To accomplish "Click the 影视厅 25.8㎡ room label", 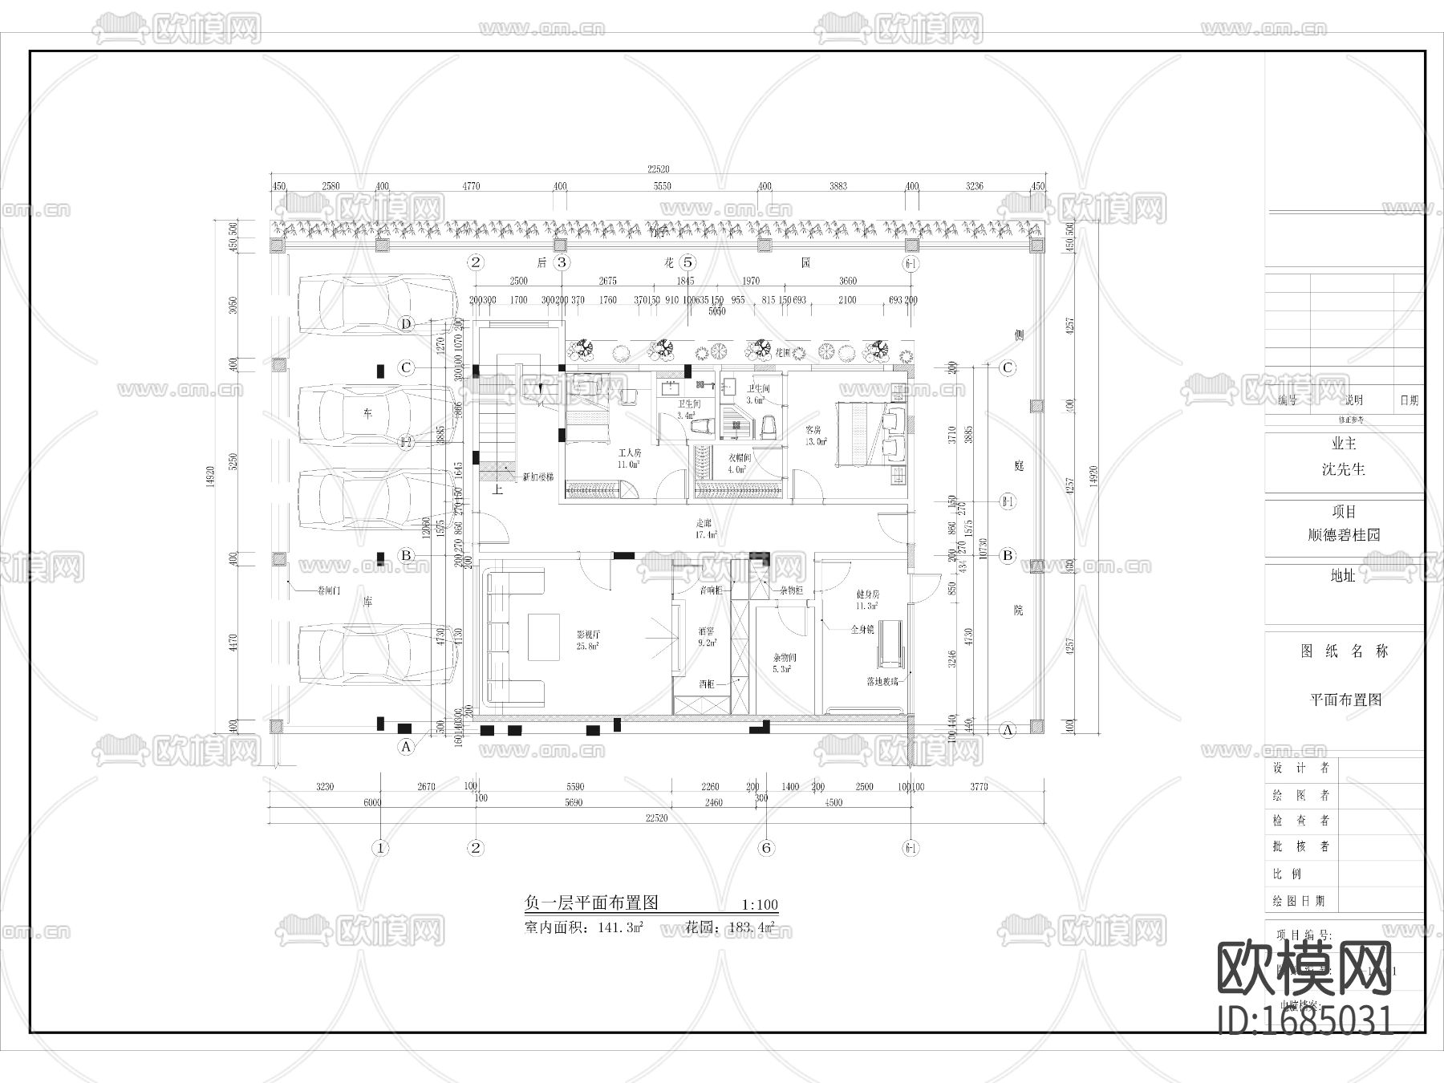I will point(588,639).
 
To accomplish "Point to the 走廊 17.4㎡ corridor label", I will point(706,529).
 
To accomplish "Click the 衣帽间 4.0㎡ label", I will point(739,463).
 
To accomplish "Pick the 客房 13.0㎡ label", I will point(816,436).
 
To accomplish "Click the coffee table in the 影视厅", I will point(544,637).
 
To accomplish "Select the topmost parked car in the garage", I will point(377,304).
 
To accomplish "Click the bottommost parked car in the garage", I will point(377,654).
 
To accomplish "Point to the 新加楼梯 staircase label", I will point(537,477).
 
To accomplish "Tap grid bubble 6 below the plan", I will point(766,848).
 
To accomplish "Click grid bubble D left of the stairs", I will point(407,324).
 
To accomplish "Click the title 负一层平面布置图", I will point(591,902).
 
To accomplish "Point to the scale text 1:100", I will point(760,905).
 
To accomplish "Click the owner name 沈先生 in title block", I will point(1343,469).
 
